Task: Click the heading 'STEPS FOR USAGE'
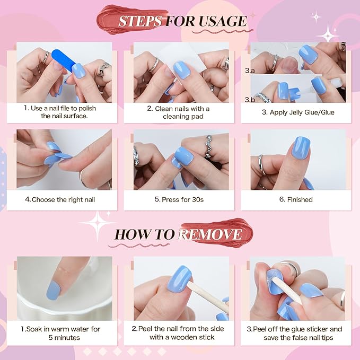(182, 21)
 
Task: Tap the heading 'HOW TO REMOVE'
(179, 234)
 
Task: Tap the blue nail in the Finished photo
(301, 148)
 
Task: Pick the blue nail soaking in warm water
(54, 289)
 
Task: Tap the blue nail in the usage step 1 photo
(78, 72)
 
